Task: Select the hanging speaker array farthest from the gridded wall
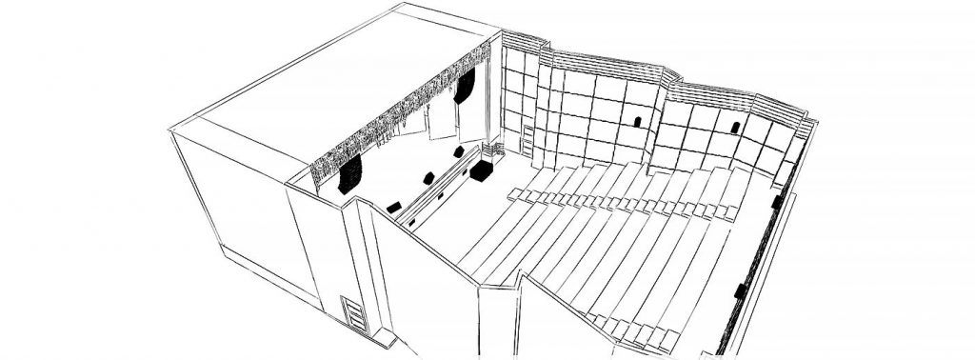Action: pos(350,175)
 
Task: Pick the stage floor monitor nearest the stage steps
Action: pos(459,151)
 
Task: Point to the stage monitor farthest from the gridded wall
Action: pos(393,207)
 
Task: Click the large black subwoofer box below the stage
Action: pos(480,171)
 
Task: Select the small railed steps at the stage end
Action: pos(493,150)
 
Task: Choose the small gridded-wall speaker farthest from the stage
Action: pos(736,126)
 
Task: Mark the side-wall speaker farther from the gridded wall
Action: pos(740,290)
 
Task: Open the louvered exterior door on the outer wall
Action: pos(354,314)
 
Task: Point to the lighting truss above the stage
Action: pos(400,114)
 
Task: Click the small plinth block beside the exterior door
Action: pos(384,339)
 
